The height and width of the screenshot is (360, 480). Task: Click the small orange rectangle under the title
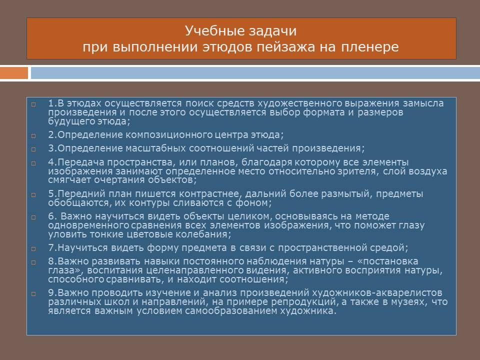click(14, 73)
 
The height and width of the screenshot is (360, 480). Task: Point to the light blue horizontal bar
click(255, 73)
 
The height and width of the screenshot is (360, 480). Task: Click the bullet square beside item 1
click(33, 104)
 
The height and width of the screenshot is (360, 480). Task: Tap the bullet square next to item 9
click(33, 294)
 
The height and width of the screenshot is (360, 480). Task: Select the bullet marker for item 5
click(33, 194)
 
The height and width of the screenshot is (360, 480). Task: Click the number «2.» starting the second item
click(52, 134)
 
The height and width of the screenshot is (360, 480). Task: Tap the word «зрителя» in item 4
click(357, 171)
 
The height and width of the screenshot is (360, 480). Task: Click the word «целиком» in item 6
click(250, 216)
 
